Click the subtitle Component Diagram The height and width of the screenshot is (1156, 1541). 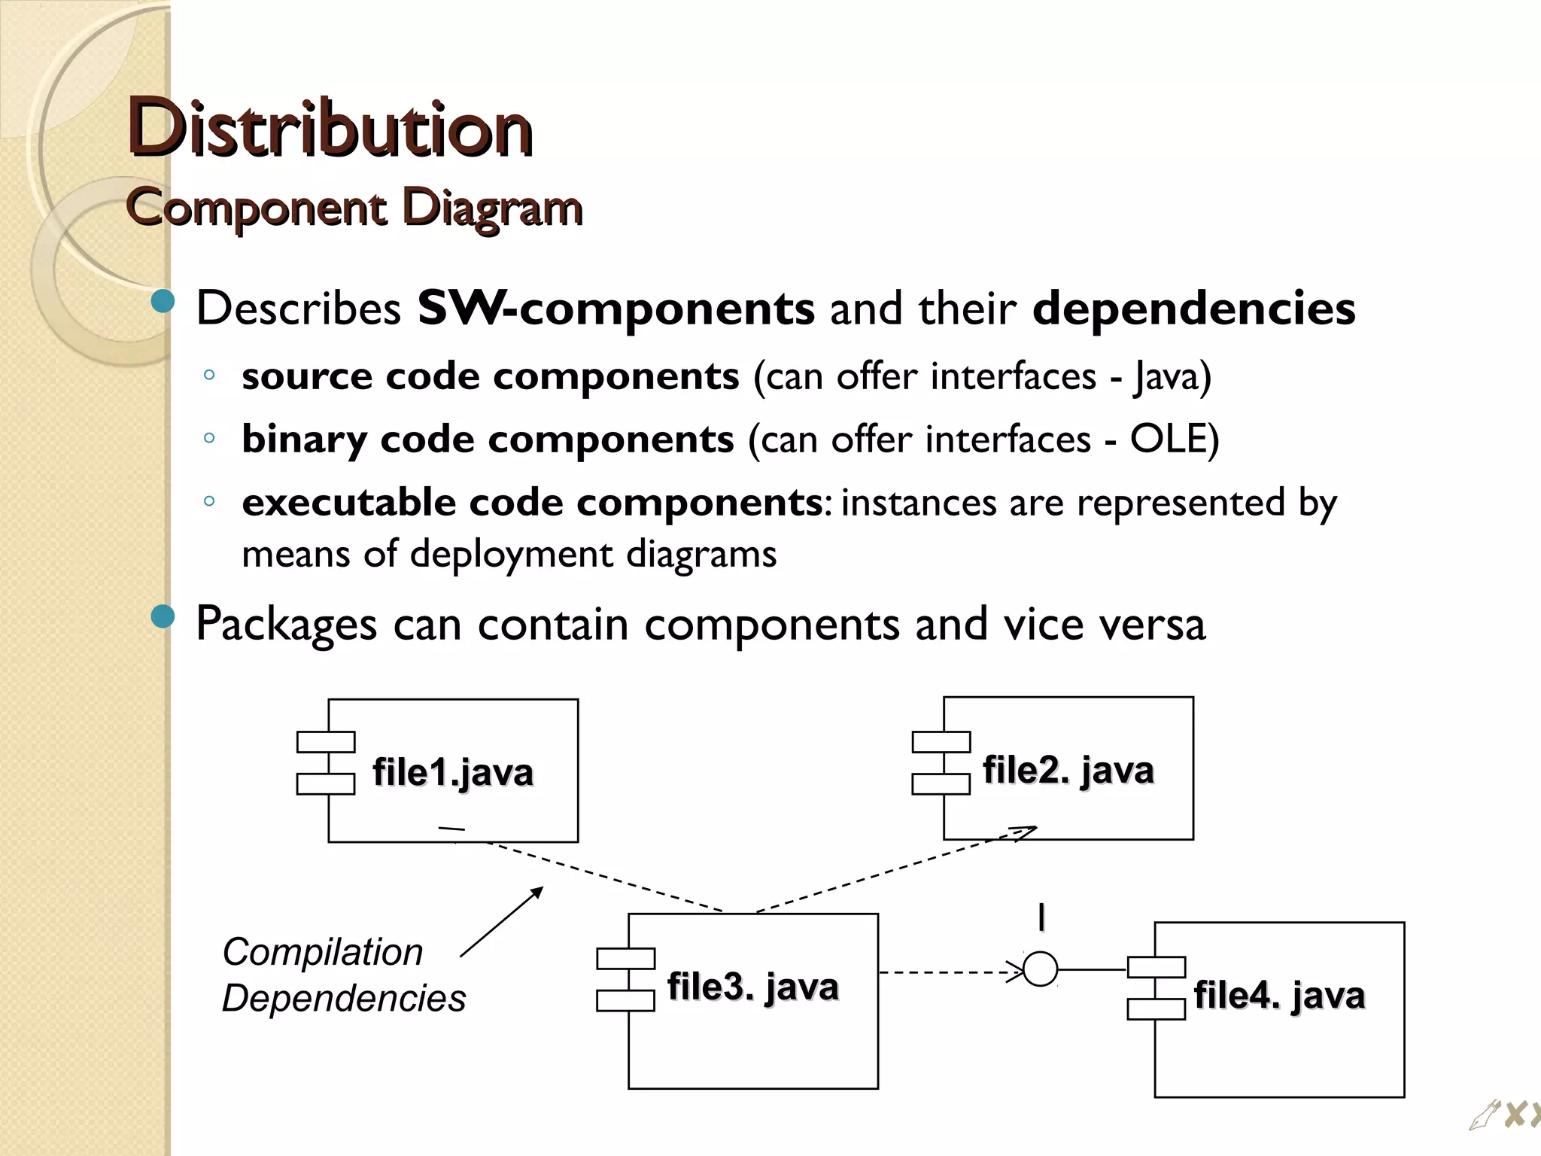tap(354, 207)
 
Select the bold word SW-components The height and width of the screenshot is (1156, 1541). tap(615, 309)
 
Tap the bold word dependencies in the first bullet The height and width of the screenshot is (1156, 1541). tap(1193, 309)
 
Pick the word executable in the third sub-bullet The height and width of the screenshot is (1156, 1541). tap(348, 502)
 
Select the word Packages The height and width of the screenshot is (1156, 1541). tap(286, 625)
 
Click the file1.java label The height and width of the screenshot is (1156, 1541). tap(453, 773)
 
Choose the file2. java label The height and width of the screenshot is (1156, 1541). tap(1068, 771)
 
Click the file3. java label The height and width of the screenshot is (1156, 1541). tap(752, 987)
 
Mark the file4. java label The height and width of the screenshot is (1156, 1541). tap(1279, 995)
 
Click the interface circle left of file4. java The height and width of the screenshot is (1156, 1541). tap(1041, 969)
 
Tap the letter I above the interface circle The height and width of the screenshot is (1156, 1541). tap(1041, 918)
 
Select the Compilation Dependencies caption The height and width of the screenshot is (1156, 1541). tap(343, 975)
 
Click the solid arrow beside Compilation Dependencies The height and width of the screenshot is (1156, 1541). tap(501, 922)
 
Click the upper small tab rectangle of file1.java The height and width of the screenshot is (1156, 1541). tap(326, 742)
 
